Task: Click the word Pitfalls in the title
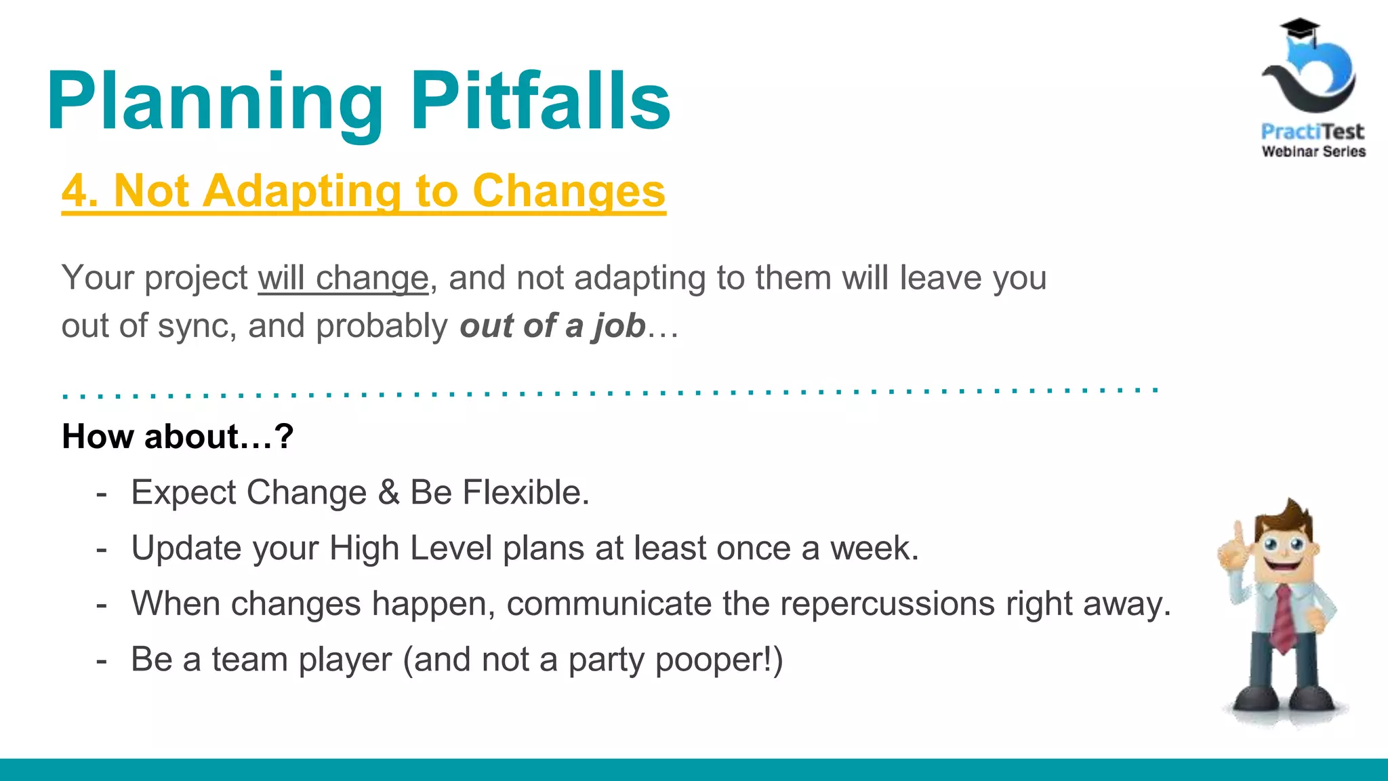click(540, 102)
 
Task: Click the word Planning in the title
click(215, 102)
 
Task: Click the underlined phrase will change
click(343, 278)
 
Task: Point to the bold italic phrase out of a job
click(552, 325)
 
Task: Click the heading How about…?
click(178, 436)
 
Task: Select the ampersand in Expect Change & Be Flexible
click(388, 492)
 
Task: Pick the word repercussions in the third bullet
click(886, 603)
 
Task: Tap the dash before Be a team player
click(102, 660)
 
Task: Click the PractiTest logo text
click(1312, 131)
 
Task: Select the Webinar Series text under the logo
click(1313, 151)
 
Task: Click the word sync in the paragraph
click(197, 326)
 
